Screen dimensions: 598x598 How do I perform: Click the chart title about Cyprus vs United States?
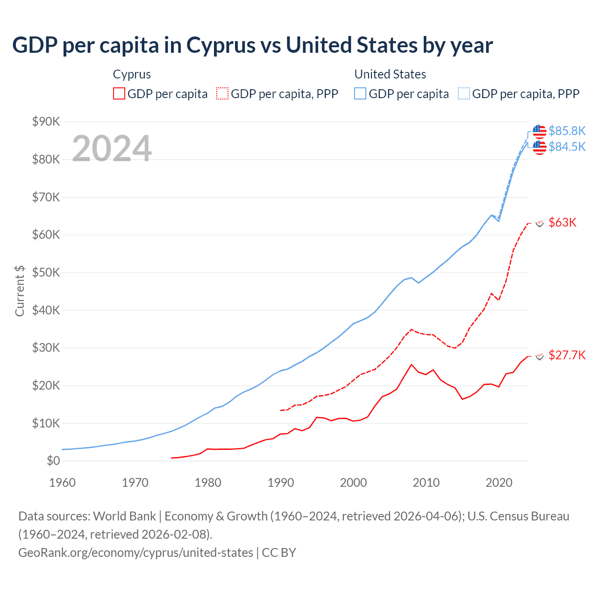click(x=252, y=45)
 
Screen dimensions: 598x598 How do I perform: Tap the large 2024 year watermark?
click(x=112, y=149)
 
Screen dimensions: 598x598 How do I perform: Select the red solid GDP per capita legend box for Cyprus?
click(x=119, y=93)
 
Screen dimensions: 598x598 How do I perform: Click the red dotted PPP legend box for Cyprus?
click(x=222, y=93)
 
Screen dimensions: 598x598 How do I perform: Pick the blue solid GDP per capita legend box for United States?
click(x=360, y=93)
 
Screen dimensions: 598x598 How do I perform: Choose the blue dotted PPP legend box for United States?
click(x=464, y=93)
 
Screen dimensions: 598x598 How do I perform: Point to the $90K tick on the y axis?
click(x=46, y=122)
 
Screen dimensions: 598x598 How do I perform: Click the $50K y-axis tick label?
click(x=46, y=272)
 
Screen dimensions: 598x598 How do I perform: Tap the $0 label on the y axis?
click(x=53, y=461)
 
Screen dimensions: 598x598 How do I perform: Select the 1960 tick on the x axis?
click(x=62, y=483)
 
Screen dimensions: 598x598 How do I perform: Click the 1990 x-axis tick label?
click(x=280, y=483)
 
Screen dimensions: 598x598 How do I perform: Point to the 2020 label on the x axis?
click(x=499, y=483)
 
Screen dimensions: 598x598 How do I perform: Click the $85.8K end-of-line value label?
click(x=567, y=131)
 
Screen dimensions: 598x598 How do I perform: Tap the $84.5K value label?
click(x=567, y=147)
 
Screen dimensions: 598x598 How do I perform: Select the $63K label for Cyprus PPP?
click(x=562, y=222)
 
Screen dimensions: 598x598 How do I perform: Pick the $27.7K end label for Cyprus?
click(x=567, y=355)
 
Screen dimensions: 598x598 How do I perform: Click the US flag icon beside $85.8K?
click(x=540, y=131)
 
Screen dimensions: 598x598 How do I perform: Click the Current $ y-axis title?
click(x=20, y=291)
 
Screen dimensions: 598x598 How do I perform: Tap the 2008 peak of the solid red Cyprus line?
click(x=411, y=364)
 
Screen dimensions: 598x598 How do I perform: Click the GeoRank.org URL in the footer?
click(x=135, y=553)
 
